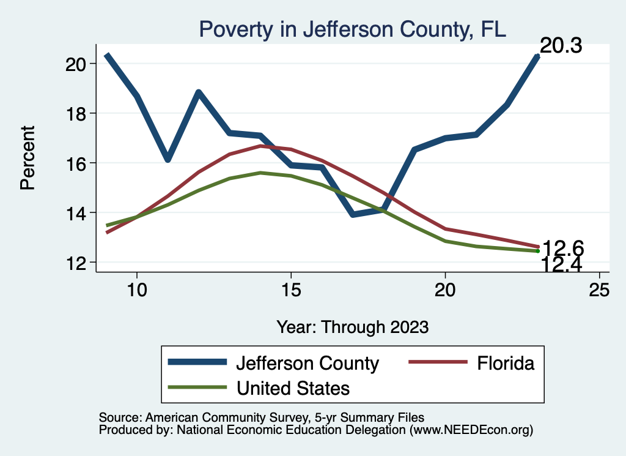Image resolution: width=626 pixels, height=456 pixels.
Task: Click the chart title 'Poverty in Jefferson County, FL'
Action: [x=352, y=29]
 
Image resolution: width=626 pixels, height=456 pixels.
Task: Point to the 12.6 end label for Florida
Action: [x=563, y=248]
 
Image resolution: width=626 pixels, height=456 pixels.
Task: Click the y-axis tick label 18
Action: [x=75, y=113]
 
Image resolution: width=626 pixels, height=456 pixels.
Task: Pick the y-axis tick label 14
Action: [x=75, y=213]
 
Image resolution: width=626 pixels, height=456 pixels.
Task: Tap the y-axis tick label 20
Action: [x=75, y=64]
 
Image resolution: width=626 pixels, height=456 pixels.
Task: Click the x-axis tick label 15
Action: [x=290, y=290]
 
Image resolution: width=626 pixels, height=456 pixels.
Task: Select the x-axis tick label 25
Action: [x=599, y=290]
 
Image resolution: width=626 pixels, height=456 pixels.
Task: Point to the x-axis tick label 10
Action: [x=136, y=290]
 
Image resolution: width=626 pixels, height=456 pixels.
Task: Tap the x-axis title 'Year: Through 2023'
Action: [x=352, y=326]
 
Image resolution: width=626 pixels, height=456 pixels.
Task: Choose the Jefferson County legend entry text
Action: [x=307, y=363]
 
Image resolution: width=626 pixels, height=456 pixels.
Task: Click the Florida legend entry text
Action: [x=505, y=363]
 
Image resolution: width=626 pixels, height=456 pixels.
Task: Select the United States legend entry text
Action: [x=292, y=387]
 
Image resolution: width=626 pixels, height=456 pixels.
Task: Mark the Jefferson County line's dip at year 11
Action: [x=168, y=159]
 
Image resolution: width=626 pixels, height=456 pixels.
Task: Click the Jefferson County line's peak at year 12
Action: [x=199, y=92]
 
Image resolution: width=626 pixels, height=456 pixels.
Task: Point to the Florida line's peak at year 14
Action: [x=260, y=146]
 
